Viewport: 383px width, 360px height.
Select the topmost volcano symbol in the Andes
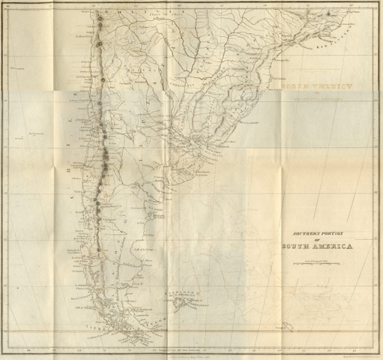pos(98,15)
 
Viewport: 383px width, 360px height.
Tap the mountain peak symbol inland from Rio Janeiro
pos(328,14)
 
